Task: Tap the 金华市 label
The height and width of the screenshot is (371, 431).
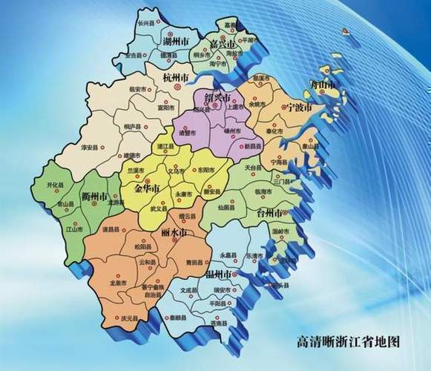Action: (x=148, y=189)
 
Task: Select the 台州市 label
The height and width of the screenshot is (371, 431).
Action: (x=268, y=214)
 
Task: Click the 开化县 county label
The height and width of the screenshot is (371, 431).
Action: (x=56, y=183)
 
